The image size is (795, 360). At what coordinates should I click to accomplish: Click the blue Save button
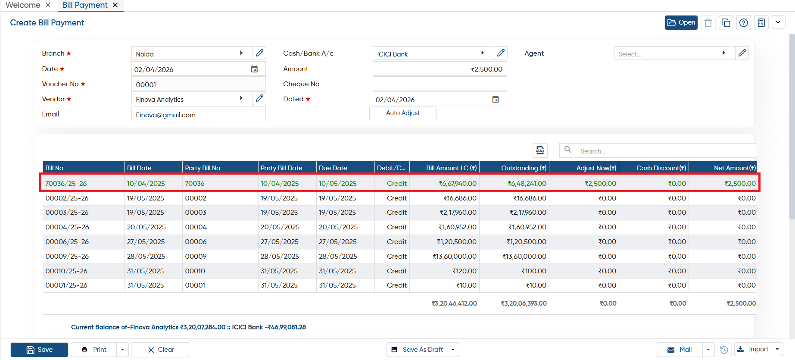coord(39,350)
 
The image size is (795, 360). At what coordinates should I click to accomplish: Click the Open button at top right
coord(681,22)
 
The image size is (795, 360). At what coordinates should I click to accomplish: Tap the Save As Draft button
coord(417,350)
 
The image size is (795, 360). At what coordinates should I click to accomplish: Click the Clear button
coord(160,350)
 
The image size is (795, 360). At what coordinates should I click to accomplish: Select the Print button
coord(94,350)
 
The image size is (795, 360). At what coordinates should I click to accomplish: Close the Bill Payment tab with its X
coord(115,5)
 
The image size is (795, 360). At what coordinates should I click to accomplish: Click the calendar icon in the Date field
coord(254,69)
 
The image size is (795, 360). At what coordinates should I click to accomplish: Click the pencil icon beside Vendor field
coord(259,98)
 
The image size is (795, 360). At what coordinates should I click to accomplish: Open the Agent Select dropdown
coord(674,53)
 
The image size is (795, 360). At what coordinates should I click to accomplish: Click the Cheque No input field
coord(440,84)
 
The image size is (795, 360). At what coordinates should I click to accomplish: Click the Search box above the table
coord(658,150)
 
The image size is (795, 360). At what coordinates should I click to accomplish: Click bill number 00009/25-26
coord(67,256)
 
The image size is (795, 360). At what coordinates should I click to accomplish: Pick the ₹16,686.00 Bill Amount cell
coord(460,198)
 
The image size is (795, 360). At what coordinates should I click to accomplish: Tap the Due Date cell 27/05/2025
coord(337,241)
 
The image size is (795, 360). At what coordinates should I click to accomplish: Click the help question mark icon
coord(743,23)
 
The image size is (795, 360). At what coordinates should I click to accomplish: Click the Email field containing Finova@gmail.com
coord(198,115)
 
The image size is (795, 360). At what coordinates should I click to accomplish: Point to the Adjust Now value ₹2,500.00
coord(600,183)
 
